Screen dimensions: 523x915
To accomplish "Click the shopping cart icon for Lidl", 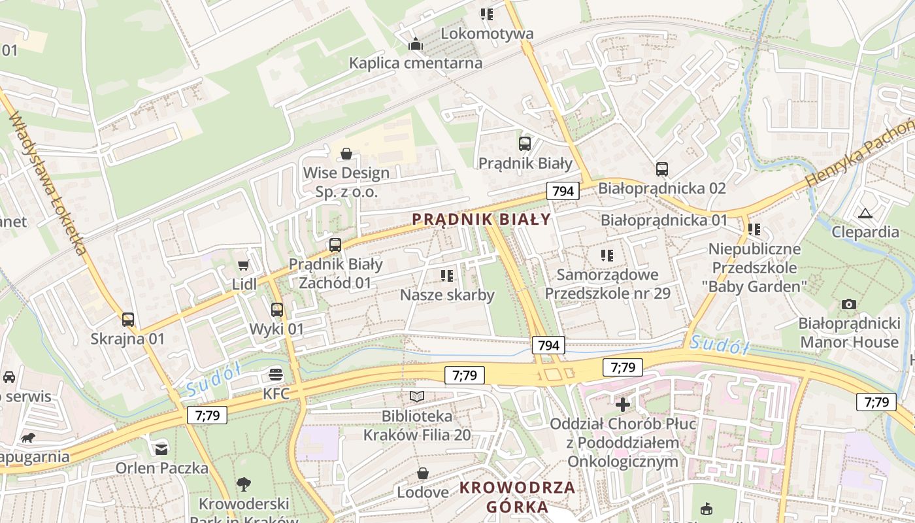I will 244,265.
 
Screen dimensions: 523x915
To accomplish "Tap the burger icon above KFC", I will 276,375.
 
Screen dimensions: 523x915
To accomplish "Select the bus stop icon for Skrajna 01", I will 128,319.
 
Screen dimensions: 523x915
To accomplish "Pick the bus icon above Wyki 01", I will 277,309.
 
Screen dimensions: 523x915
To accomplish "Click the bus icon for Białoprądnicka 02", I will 662,169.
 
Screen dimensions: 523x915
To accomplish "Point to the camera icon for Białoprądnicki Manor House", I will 849,304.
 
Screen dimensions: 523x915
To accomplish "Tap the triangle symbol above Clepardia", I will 865,212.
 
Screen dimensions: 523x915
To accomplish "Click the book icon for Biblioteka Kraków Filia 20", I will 417,396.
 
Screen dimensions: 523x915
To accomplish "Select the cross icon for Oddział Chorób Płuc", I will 623,405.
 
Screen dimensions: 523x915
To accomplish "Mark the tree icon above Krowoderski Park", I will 244,484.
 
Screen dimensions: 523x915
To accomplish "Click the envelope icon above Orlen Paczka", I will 161,448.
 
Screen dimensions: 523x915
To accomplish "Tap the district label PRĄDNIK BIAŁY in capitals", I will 482,220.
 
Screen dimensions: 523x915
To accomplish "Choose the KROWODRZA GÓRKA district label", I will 517,497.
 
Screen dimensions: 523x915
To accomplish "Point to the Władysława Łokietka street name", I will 49,183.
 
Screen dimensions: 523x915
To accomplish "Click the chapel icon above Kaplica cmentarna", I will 416,44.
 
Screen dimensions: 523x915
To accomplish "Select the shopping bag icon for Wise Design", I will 346,154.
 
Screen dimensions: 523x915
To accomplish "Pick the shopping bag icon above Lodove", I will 423,473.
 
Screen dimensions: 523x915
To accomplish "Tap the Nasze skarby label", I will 447,295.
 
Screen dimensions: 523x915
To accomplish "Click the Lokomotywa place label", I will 487,33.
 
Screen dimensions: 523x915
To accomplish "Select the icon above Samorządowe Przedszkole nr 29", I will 607,255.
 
